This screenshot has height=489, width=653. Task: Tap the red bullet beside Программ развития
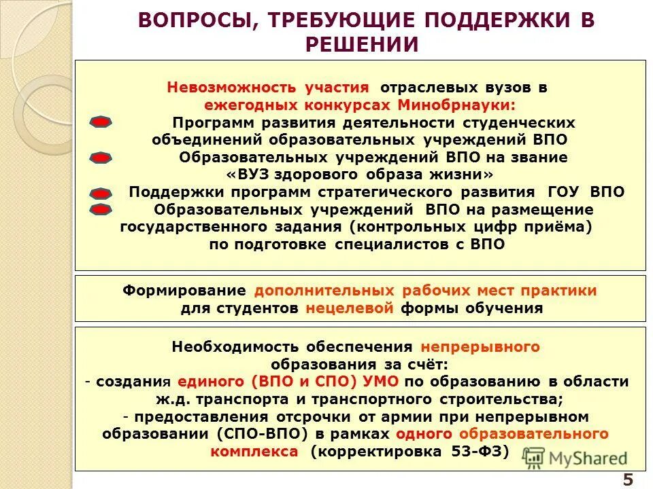101,123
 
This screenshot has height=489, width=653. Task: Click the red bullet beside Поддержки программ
101,194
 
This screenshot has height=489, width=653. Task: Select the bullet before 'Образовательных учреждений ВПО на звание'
101,158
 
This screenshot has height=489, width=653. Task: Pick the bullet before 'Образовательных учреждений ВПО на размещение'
101,209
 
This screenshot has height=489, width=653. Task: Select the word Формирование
184,291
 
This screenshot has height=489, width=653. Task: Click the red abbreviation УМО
382,382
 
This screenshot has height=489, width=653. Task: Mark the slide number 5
627,479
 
